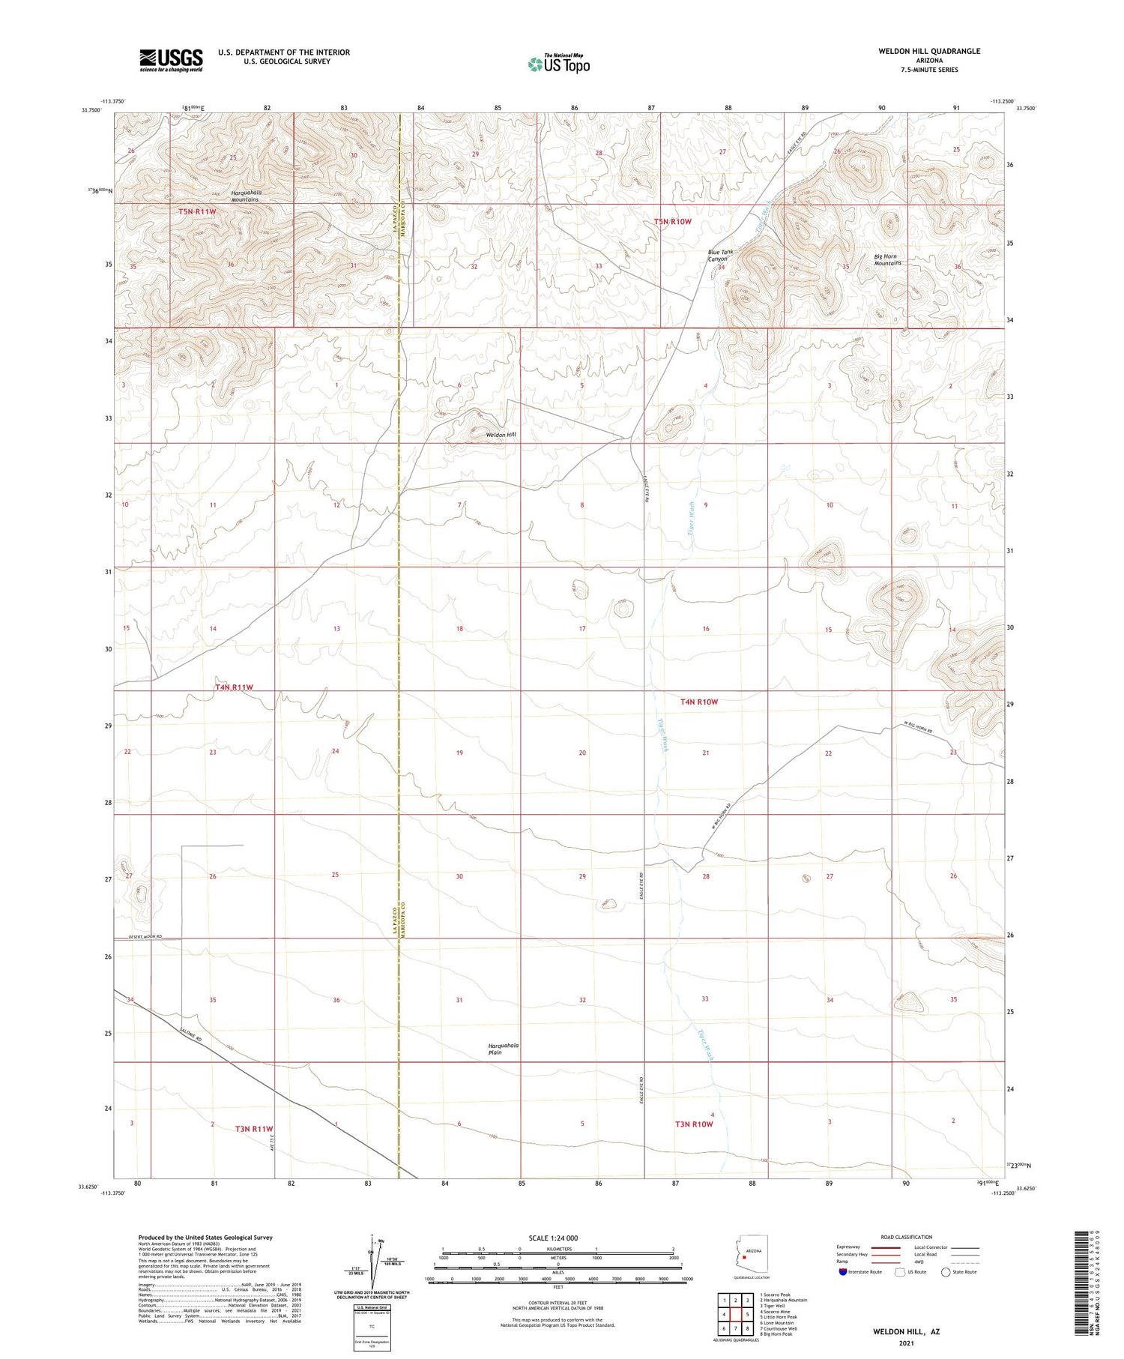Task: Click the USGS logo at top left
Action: coord(171,60)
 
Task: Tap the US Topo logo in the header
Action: coord(558,64)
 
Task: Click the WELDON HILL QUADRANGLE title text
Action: coord(919,51)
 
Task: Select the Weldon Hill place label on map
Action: coord(501,435)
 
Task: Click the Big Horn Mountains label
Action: coord(888,260)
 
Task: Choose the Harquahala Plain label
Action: coord(504,1049)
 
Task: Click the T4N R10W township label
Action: coord(699,702)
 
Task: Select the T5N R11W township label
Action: coord(198,212)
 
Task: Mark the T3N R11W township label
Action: coord(254,1129)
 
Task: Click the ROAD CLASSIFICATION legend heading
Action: coord(907,1237)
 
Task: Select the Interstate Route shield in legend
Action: coord(843,1272)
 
